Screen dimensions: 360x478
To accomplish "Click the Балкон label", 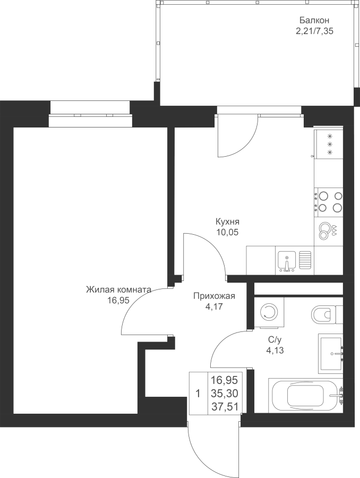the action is [x=314, y=21].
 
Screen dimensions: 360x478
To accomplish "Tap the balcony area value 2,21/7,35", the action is [x=314, y=31].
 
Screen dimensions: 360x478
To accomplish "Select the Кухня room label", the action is [x=227, y=221].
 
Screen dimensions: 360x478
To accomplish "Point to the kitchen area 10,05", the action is [x=227, y=232].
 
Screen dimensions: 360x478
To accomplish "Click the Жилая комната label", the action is [x=118, y=289].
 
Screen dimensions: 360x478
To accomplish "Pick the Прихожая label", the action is [x=215, y=296].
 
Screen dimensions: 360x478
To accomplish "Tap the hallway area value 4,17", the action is [x=215, y=306].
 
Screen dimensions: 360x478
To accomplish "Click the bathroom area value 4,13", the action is [x=275, y=351].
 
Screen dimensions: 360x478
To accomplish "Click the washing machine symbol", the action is [x=269, y=312].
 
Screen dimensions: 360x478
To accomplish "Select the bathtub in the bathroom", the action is [x=306, y=395].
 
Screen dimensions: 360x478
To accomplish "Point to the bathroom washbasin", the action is [x=331, y=353].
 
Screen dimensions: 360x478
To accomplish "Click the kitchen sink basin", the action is [x=287, y=261].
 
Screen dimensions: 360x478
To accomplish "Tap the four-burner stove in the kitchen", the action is [x=329, y=201].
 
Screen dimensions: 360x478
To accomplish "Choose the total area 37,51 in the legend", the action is [x=225, y=406].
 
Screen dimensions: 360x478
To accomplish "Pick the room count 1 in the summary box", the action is [x=198, y=394].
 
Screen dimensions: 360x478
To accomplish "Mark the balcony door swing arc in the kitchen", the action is [x=247, y=143].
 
